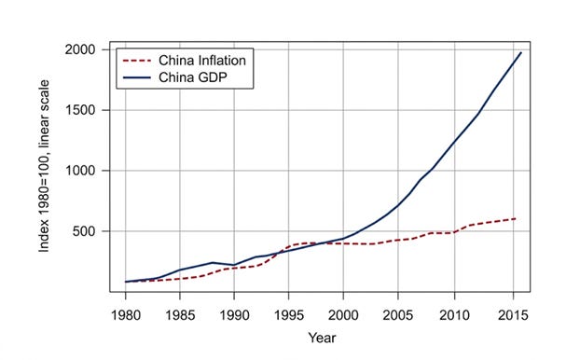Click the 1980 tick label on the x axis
126,315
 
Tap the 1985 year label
180,315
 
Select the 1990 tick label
234,315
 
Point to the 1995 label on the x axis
289,315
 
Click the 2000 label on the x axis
343,315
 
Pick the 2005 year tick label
398,315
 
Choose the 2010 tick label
454,315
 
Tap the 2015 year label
513,315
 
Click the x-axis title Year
322,338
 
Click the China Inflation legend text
202,61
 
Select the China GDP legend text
193,77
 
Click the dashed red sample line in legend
137,61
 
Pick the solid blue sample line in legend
137,77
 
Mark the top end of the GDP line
521,53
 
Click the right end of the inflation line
515,218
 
